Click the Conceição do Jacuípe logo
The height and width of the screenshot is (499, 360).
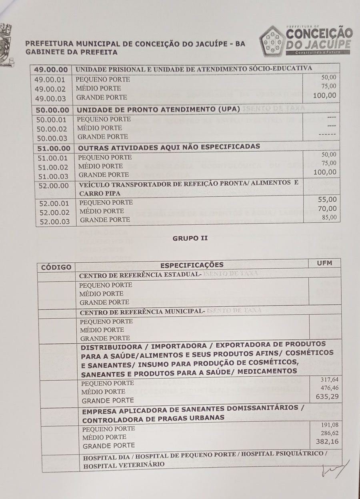[x=306, y=39]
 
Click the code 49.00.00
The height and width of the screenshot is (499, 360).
[x=51, y=69]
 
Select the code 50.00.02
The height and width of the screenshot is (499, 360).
[x=52, y=129]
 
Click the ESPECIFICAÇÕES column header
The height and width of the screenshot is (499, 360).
[x=192, y=265]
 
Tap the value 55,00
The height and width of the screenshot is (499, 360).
[x=327, y=199]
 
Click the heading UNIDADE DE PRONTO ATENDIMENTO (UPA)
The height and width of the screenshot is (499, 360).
[x=158, y=109]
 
